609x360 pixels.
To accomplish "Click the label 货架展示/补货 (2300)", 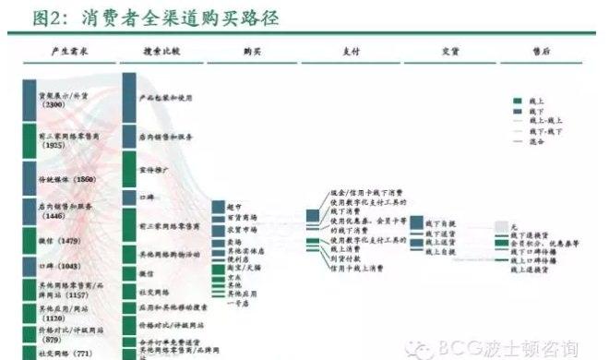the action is (x=65, y=100).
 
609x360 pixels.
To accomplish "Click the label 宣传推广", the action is (x=153, y=171).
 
